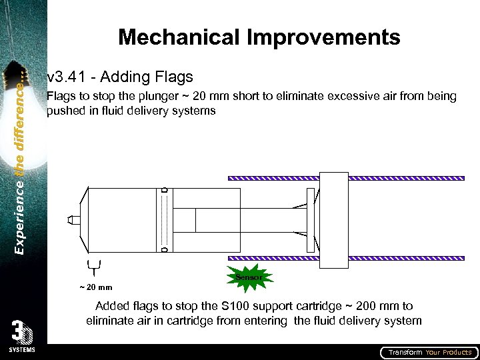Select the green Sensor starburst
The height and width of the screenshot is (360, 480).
tap(249, 278)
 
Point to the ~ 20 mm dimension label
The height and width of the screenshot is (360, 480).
tap(95, 287)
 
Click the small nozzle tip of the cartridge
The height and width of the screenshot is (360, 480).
tap(75, 219)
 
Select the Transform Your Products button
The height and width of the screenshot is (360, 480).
tap(429, 352)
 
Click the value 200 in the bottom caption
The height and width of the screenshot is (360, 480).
tap(355, 306)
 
